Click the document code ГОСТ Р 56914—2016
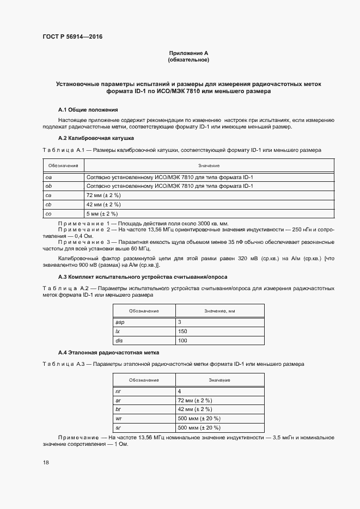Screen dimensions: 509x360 coord(72,37)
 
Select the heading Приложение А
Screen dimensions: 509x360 coord(188,53)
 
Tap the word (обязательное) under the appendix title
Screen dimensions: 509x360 coord(188,59)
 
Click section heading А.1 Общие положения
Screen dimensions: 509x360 coord(88,109)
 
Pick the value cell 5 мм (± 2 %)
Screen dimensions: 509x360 coord(102,213)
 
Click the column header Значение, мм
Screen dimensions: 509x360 coord(219,310)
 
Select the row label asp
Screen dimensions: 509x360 coord(120,322)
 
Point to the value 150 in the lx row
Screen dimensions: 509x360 coord(182,332)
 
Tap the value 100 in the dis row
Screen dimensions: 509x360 coord(182,340)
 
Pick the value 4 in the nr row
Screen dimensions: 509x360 coord(179,391)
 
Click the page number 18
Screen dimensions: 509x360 coord(46,462)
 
